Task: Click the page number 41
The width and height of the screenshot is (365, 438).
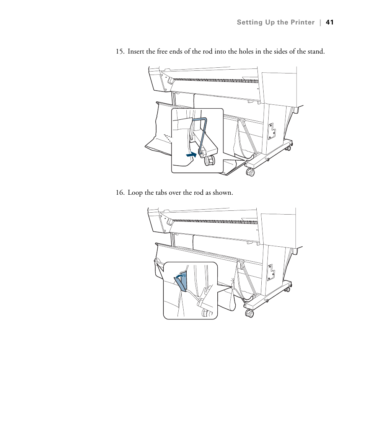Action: (330, 23)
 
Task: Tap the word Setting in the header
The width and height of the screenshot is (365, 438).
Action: (249, 23)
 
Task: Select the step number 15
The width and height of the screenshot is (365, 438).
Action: (120, 52)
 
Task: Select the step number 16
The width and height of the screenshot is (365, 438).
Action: (120, 193)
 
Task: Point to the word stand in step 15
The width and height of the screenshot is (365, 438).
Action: (315, 52)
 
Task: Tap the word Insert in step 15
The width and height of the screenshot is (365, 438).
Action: (136, 52)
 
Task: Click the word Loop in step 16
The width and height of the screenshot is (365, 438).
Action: (135, 193)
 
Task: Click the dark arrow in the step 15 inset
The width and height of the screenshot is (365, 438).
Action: (191, 154)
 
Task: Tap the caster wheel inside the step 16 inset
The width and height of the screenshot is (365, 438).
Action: (207, 313)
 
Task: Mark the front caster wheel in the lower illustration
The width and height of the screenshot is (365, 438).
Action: (249, 313)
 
